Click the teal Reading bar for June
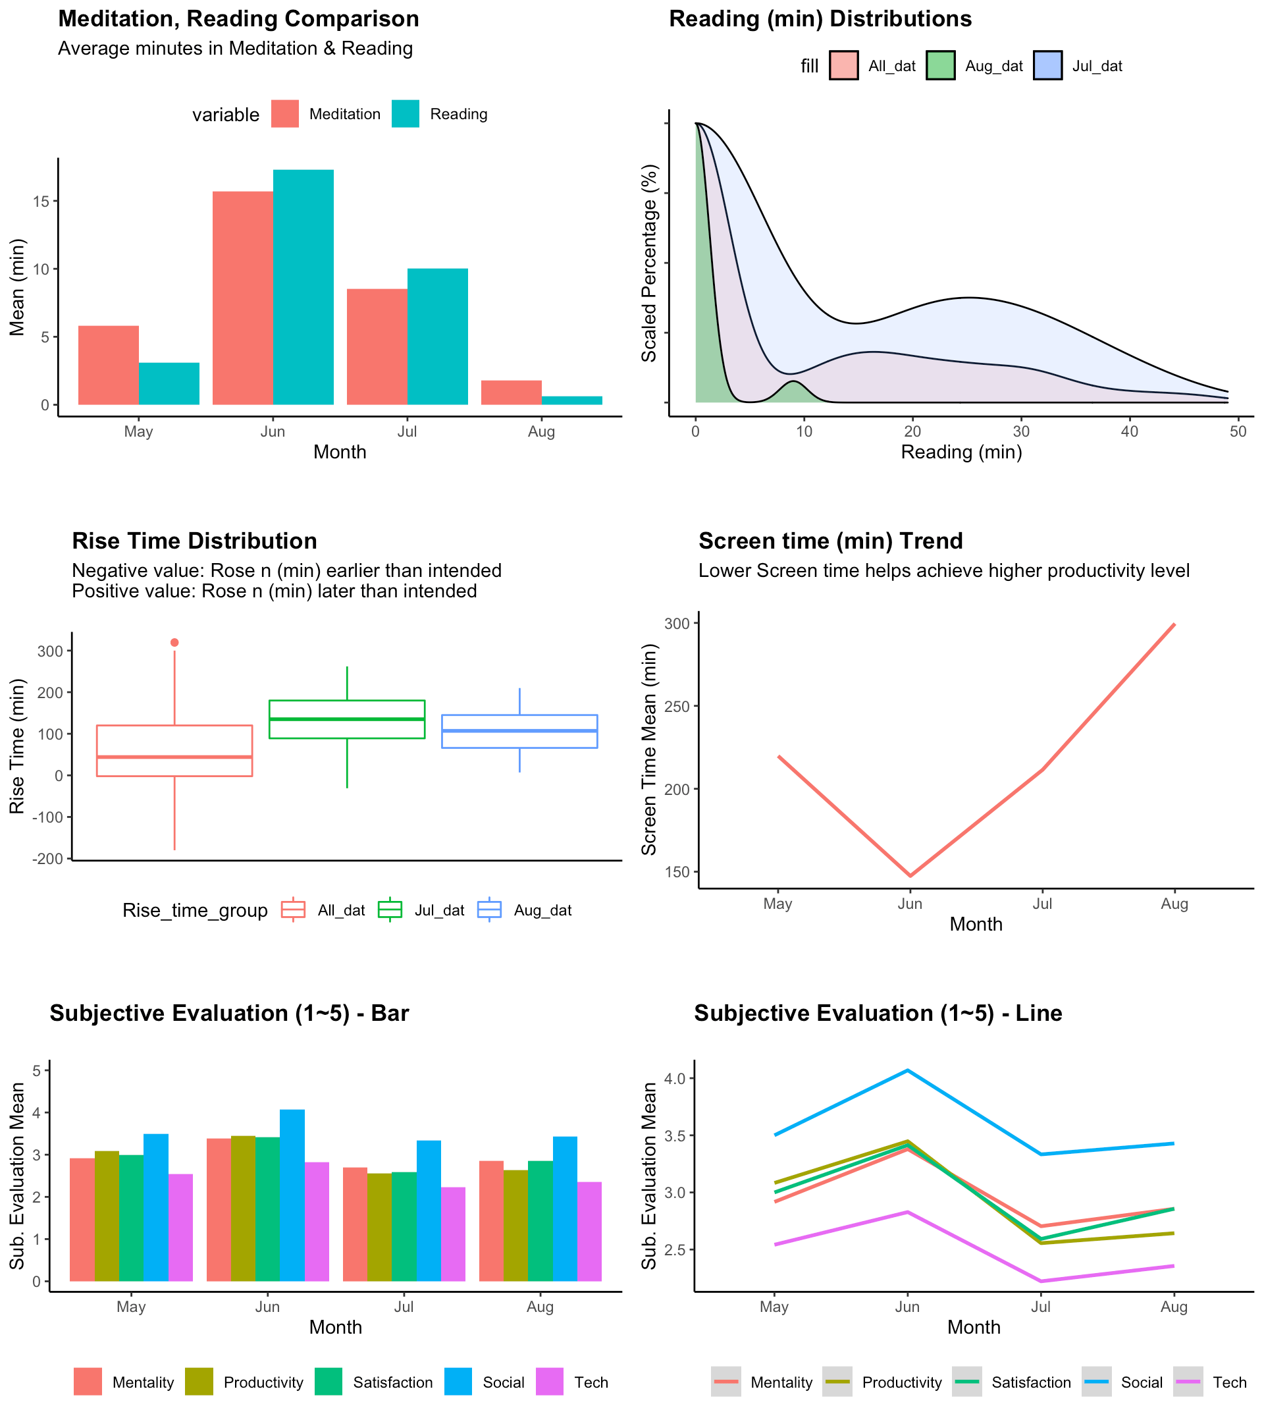pyautogui.click(x=303, y=287)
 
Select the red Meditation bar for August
pyautogui.click(x=511, y=393)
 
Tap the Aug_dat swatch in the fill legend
pyautogui.click(x=941, y=66)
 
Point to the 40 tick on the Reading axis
pyautogui.click(x=1130, y=431)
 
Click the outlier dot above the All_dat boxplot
pyautogui.click(x=174, y=643)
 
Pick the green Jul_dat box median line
pyautogui.click(x=346, y=719)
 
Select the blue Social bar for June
pyautogui.click(x=292, y=1195)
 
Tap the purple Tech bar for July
pyautogui.click(x=453, y=1234)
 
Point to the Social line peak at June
pyautogui.click(x=907, y=1071)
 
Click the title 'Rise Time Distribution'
pyautogui.click(x=194, y=541)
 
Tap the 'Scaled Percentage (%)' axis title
pyautogui.click(x=649, y=263)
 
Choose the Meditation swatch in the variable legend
pyautogui.click(x=285, y=114)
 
